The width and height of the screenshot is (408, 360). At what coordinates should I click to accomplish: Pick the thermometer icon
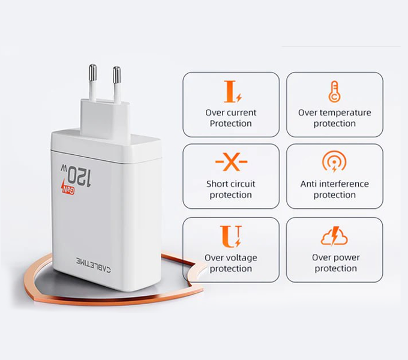pyautogui.click(x=334, y=91)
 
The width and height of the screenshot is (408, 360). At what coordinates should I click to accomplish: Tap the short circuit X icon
pyautogui.click(x=231, y=163)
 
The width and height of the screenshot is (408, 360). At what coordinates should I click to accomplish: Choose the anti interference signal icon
pyautogui.click(x=334, y=163)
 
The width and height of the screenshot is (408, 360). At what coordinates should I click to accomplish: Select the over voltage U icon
pyautogui.click(x=231, y=236)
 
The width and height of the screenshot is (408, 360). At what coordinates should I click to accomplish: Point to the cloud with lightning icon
pyautogui.click(x=334, y=237)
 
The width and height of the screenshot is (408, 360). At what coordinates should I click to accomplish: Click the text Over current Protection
pyautogui.click(x=231, y=118)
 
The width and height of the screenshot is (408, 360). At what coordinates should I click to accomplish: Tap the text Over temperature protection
pyautogui.click(x=335, y=118)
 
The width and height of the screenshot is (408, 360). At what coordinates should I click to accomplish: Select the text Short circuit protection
pyautogui.click(x=231, y=190)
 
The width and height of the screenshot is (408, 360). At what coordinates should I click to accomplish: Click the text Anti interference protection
pyautogui.click(x=335, y=190)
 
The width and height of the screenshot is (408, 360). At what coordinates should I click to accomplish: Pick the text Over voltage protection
pyautogui.click(x=231, y=263)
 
